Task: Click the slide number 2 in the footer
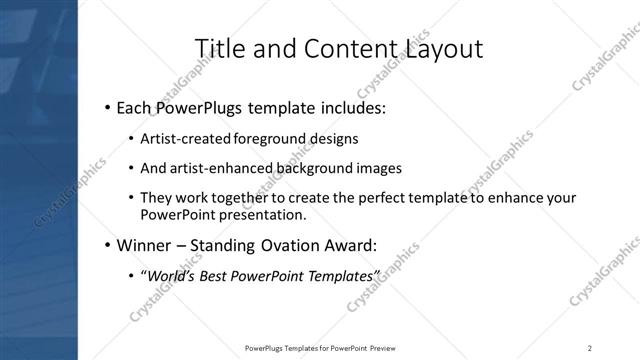(x=590, y=347)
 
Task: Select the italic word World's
(x=174, y=274)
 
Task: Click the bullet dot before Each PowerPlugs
(x=107, y=106)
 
